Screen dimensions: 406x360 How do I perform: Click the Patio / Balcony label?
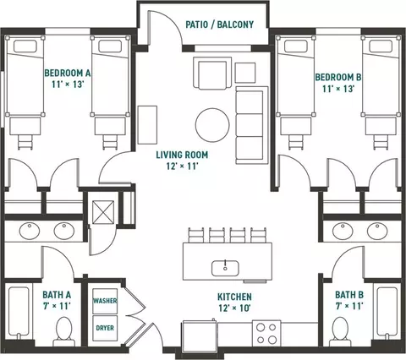(x=219, y=25)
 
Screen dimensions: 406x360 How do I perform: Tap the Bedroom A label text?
(x=68, y=73)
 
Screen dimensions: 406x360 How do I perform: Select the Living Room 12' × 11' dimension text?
(x=182, y=166)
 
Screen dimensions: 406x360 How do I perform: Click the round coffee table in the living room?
(x=212, y=125)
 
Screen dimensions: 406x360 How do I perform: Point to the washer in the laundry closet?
(x=105, y=301)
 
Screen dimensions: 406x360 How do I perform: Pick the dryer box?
(x=105, y=328)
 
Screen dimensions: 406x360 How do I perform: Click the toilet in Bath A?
(x=64, y=331)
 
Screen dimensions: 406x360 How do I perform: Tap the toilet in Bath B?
(x=340, y=331)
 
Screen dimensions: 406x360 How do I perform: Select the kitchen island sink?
(x=225, y=268)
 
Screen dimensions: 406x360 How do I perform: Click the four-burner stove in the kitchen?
(x=266, y=333)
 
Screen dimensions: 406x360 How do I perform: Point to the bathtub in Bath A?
(x=19, y=312)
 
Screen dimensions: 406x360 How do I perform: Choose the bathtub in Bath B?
(x=387, y=312)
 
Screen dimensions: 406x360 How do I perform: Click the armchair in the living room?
(x=212, y=73)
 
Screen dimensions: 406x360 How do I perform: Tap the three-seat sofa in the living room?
(x=252, y=125)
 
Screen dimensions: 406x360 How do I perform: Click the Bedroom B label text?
(x=338, y=77)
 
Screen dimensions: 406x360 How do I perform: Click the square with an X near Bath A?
(x=103, y=212)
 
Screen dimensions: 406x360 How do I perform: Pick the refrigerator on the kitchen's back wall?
(x=200, y=336)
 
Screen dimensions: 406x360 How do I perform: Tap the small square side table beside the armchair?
(x=245, y=73)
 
